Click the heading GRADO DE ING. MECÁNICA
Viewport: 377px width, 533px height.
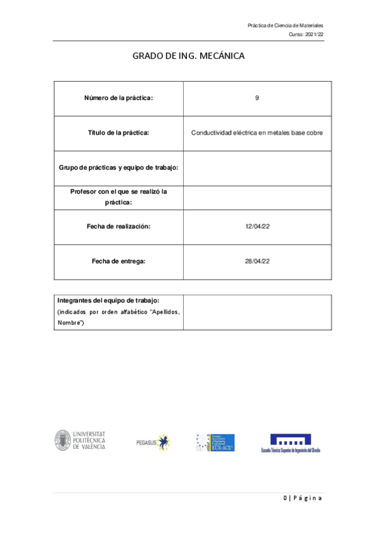[188, 56]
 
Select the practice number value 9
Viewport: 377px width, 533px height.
[257, 98]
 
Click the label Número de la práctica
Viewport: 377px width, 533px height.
[118, 98]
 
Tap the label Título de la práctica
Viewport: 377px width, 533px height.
[118, 133]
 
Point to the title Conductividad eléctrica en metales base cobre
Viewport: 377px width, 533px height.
[257, 133]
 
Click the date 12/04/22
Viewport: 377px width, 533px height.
[257, 226]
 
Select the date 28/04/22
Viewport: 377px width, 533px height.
[257, 261]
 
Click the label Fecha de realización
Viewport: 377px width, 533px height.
[118, 226]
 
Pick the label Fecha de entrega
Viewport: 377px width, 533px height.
[118, 261]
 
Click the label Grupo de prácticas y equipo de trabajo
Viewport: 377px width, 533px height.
[118, 168]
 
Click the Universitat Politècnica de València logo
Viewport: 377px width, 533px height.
[80, 441]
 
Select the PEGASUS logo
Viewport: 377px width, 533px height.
[153, 442]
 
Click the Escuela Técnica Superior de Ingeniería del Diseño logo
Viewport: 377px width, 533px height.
[290, 443]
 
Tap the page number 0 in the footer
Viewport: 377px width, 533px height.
[284, 498]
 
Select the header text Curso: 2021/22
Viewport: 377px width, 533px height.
[306, 35]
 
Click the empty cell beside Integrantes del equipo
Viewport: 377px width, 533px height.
[257, 311]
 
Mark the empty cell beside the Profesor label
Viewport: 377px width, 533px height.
[257, 197]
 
